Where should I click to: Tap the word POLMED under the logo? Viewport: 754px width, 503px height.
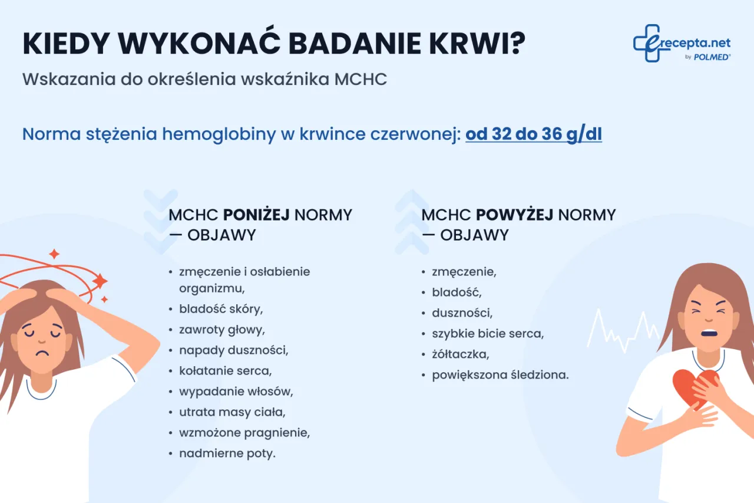pos(713,57)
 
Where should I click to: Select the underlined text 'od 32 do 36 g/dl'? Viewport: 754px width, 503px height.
pos(533,134)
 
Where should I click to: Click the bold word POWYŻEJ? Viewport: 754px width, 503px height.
pos(514,215)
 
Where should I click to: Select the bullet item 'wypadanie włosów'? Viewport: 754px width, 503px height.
pos(236,392)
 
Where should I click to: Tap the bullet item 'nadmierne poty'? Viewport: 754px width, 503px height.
pos(227,453)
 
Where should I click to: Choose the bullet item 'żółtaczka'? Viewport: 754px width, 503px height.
pos(460,354)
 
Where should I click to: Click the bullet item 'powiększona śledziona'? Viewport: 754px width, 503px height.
pos(500,374)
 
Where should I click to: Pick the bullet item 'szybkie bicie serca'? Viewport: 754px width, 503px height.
pos(487,334)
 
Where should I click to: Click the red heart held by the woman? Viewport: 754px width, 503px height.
pos(689,386)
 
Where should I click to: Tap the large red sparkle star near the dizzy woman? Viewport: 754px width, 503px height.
pos(100,281)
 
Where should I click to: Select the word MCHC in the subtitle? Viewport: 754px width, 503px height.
pos(361,80)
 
